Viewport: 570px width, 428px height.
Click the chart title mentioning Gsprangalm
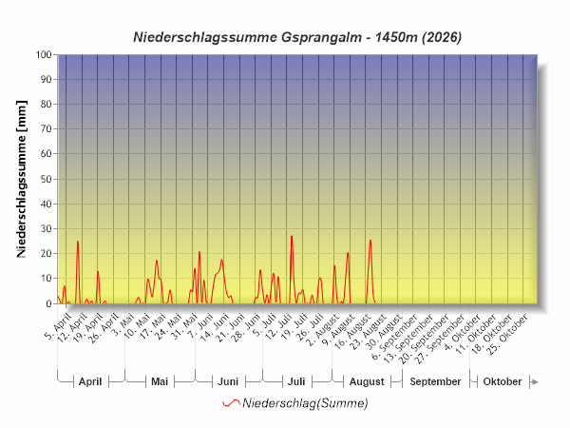[x=297, y=37]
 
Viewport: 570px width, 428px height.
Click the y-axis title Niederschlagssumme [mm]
[x=22, y=179]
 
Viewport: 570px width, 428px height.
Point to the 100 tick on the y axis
[x=44, y=54]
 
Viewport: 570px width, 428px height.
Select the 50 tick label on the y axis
[x=47, y=179]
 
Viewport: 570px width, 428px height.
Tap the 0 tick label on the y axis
[x=49, y=303]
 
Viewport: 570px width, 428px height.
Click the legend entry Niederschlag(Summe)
[x=295, y=403]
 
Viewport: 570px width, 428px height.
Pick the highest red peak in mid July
[x=292, y=237]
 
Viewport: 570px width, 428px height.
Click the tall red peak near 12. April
[x=78, y=242]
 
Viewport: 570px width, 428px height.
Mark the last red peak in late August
[x=370, y=241]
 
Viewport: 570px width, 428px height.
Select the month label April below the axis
[x=90, y=381]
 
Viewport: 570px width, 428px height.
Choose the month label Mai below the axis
[x=160, y=381]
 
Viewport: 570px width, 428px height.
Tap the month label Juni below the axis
[x=228, y=381]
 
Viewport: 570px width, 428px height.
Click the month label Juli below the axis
[x=296, y=381]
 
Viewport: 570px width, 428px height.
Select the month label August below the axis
[x=367, y=381]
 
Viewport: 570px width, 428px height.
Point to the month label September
[x=435, y=381]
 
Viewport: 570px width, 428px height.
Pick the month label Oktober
[x=502, y=381]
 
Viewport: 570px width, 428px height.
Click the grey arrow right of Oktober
[x=534, y=381]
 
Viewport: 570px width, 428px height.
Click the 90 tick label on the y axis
[x=47, y=79]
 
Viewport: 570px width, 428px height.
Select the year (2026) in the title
[x=442, y=37]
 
